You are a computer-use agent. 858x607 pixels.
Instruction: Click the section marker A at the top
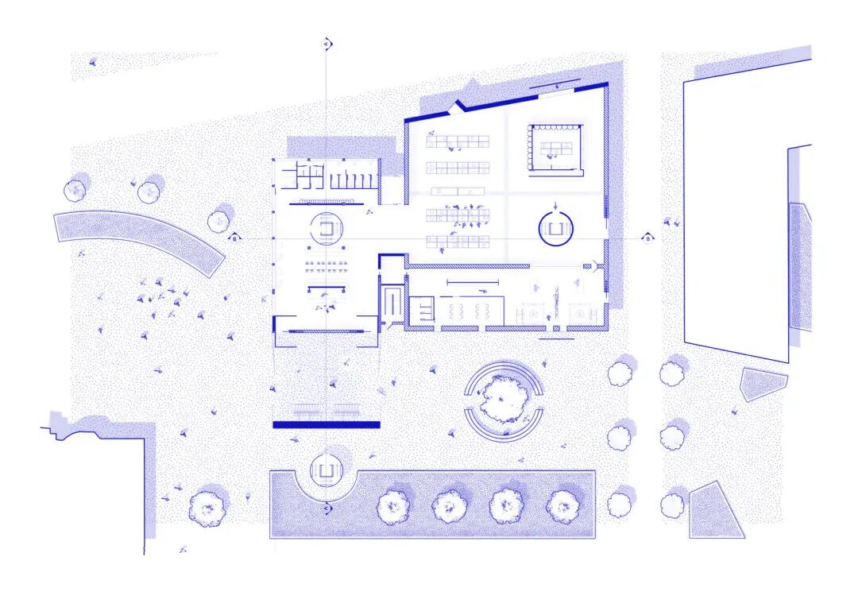[326, 44]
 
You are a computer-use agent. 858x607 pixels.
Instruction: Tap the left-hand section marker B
[234, 237]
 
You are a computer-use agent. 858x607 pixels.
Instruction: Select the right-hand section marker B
[647, 238]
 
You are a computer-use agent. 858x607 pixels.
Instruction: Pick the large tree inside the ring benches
[504, 399]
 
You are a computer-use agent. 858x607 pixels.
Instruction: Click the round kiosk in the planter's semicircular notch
[326, 470]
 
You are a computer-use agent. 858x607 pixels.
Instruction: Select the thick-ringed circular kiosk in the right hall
[556, 230]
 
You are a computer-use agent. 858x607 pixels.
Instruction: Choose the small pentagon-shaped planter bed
[763, 384]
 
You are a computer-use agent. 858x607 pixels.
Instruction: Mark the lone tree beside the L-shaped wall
[207, 507]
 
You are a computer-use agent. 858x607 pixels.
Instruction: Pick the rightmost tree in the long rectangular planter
[563, 505]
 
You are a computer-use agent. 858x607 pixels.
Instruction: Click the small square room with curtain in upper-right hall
[555, 148]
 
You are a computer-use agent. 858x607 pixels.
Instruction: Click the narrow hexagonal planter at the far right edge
[800, 266]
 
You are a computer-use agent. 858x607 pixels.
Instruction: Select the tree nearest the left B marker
[219, 220]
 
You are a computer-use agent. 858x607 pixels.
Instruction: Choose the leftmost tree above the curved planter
[75, 190]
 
